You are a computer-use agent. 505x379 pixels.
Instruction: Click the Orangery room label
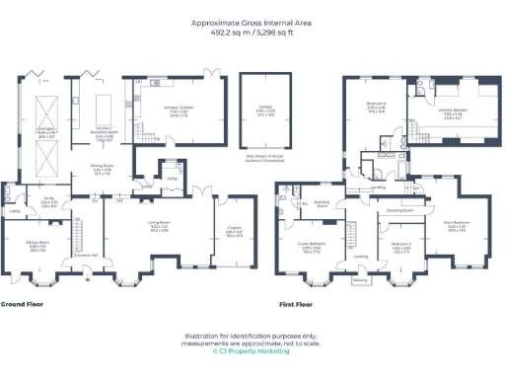click(x=45, y=128)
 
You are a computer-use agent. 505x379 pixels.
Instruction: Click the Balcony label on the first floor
click(x=360, y=279)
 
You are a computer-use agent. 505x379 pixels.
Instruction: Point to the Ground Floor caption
click(x=22, y=304)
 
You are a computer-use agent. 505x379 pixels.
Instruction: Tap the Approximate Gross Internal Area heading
click(x=252, y=22)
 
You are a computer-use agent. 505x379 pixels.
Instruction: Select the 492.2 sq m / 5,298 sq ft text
click(x=252, y=32)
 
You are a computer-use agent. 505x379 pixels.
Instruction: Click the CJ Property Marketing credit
click(x=252, y=350)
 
